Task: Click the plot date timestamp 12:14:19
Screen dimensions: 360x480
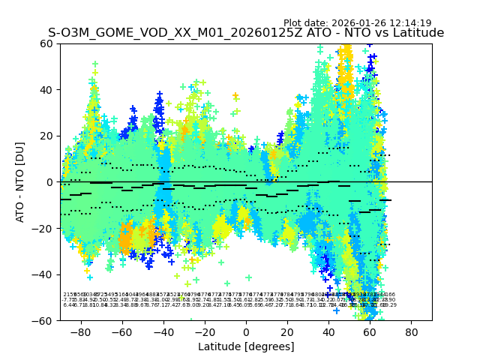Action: coord(410,23)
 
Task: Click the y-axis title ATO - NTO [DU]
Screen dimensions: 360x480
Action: coord(20,182)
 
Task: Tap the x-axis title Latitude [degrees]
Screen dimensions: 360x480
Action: coord(246,346)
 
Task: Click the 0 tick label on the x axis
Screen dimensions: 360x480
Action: coord(246,331)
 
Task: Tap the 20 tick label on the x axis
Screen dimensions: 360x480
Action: coord(287,331)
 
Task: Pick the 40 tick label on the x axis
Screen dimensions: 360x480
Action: coord(328,331)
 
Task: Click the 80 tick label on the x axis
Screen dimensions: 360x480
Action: coord(412,331)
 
